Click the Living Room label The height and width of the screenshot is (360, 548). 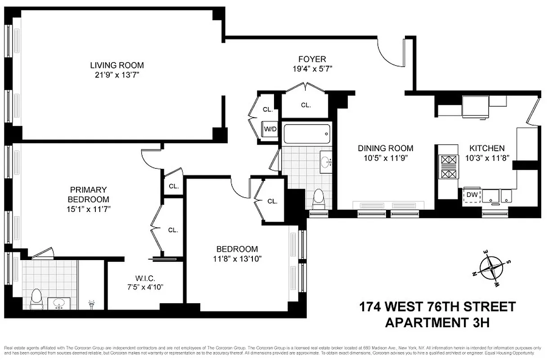(117, 65)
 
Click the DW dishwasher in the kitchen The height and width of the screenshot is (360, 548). (472, 195)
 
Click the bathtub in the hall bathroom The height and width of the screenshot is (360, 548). (306, 134)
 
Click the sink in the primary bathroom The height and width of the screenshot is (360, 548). (58, 304)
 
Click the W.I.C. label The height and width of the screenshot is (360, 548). (145, 278)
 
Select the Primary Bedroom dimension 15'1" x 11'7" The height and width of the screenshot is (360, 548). (88, 209)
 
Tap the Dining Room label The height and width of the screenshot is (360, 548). (386, 148)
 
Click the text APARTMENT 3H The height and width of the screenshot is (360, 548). (436, 322)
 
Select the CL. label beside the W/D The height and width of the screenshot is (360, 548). (268, 109)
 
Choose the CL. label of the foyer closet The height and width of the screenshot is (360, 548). (305, 105)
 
